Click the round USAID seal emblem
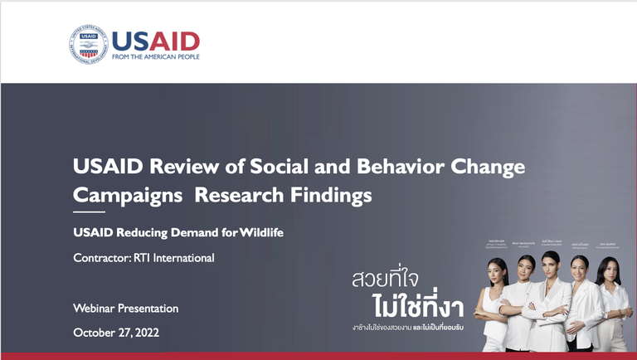91,46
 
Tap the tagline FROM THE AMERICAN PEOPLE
156,58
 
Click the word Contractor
102,258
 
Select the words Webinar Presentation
125,309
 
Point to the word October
95,333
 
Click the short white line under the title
89,213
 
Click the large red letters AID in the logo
173,40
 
